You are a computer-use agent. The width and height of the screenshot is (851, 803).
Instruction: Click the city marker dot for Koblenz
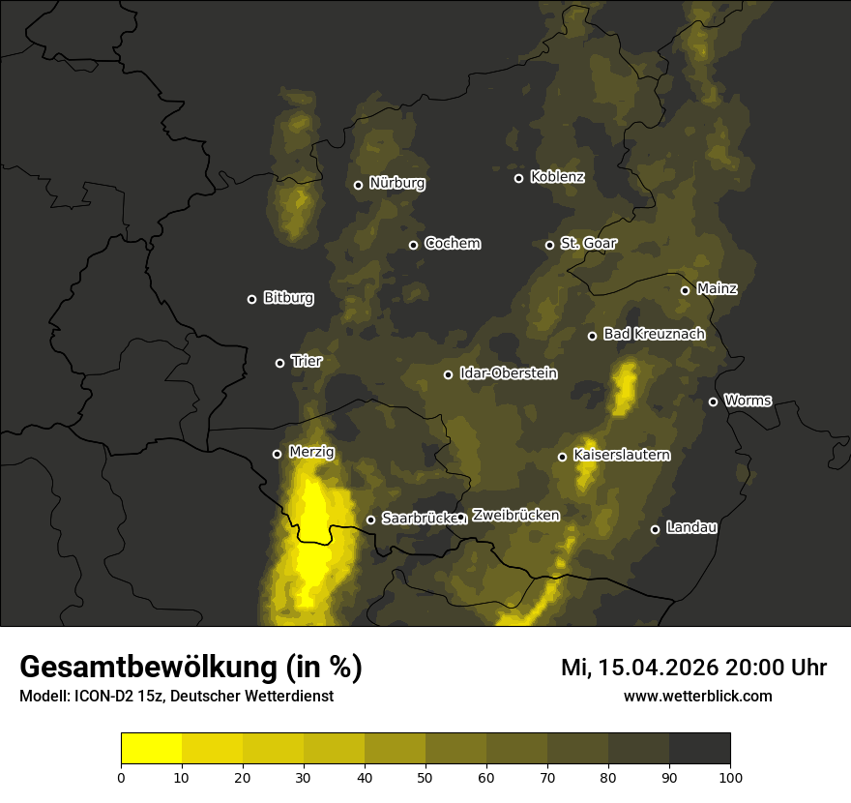click(x=518, y=178)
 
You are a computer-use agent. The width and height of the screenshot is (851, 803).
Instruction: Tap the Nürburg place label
click(x=396, y=183)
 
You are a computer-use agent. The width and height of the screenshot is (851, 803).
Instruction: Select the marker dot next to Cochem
click(x=413, y=245)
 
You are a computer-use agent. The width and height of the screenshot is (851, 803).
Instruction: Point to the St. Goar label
click(x=588, y=243)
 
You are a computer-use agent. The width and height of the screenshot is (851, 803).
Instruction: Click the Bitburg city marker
click(x=251, y=299)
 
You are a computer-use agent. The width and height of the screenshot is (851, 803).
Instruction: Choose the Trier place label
click(x=306, y=361)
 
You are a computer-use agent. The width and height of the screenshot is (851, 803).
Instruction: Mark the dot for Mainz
click(x=685, y=290)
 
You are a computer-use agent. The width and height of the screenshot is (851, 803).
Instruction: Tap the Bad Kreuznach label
click(x=654, y=334)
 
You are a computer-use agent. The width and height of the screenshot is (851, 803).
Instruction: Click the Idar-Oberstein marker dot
click(x=448, y=374)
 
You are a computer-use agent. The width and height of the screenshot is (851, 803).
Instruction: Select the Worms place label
click(x=748, y=400)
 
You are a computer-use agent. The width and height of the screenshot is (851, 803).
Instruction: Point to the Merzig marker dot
click(x=277, y=454)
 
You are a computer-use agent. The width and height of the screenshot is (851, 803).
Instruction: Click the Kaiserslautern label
click(x=621, y=455)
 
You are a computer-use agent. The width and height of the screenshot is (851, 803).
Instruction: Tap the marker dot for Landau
click(x=655, y=529)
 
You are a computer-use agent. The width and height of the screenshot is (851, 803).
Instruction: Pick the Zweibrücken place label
click(x=515, y=516)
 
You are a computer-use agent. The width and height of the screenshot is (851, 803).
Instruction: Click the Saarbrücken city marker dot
click(x=370, y=520)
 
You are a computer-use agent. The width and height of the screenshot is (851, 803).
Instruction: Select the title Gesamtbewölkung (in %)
click(x=191, y=668)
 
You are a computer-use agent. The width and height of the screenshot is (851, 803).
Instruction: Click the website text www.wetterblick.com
click(x=697, y=696)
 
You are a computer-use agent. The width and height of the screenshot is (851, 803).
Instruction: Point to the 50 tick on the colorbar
click(x=425, y=776)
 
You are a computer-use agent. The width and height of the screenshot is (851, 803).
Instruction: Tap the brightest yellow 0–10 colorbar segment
click(x=152, y=749)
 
